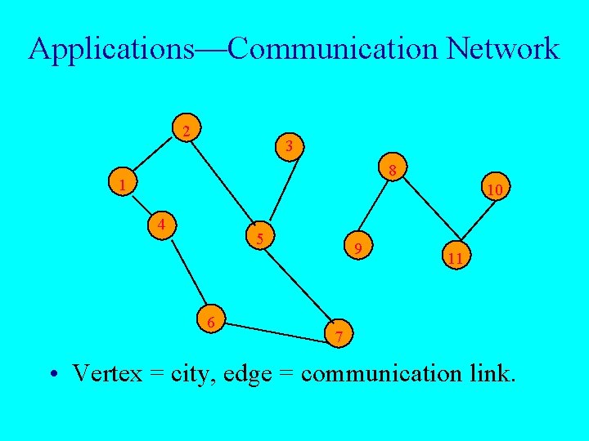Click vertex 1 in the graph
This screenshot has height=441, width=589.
(122, 185)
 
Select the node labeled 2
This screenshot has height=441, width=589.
(187, 131)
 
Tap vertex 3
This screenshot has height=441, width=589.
(289, 147)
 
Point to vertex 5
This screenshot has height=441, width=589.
(259, 238)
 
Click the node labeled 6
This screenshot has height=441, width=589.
(211, 323)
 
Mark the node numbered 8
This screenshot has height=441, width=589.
(393, 171)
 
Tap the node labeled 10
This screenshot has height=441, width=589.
(494, 189)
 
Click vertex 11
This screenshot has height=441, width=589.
(456, 258)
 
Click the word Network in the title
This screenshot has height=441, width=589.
(503, 49)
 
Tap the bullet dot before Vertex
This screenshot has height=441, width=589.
(52, 375)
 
